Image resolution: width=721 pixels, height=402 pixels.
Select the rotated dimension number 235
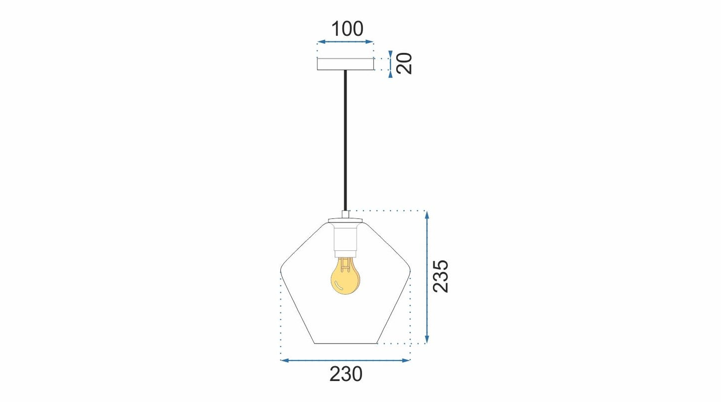(x=441, y=276)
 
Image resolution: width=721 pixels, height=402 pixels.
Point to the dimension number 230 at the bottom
(x=346, y=374)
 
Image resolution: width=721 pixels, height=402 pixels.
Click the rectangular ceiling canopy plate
(x=345, y=64)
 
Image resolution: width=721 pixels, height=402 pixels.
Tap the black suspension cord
(x=345, y=140)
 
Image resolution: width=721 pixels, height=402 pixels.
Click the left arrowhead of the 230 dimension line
(x=284, y=360)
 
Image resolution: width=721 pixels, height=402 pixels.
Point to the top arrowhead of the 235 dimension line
(x=427, y=215)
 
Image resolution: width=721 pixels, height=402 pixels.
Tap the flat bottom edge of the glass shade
(x=345, y=343)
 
